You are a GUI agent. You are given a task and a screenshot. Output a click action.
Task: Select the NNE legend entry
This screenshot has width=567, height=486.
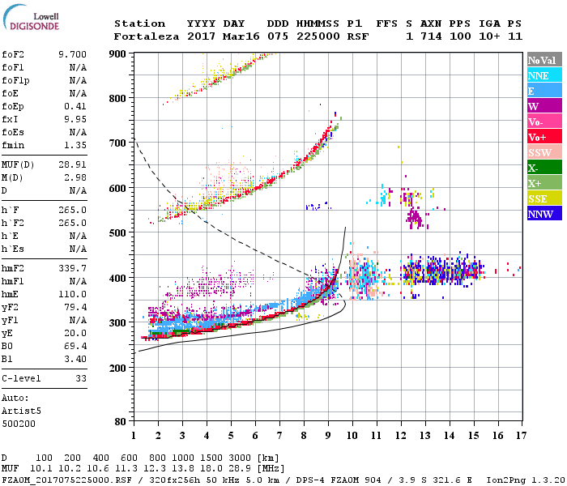(x=539, y=75)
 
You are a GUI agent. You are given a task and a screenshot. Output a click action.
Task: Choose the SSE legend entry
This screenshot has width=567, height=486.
(x=539, y=198)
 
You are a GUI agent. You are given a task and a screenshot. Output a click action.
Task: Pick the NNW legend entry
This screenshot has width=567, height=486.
(x=540, y=214)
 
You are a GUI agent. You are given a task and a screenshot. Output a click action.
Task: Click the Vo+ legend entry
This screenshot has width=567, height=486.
(x=539, y=137)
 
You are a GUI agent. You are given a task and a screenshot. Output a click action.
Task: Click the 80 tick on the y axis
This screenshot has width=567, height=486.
(x=119, y=422)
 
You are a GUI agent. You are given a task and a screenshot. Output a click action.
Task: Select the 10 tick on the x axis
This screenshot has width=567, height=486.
(x=352, y=436)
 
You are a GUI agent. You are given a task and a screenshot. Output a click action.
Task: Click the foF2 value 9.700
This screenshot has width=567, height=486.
(x=71, y=54)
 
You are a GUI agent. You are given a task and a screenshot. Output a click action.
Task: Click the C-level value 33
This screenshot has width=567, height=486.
(x=80, y=378)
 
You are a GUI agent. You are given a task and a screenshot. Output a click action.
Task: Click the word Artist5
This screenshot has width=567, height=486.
(x=21, y=411)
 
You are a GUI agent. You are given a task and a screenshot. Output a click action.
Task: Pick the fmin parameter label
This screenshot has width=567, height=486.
(x=15, y=145)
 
